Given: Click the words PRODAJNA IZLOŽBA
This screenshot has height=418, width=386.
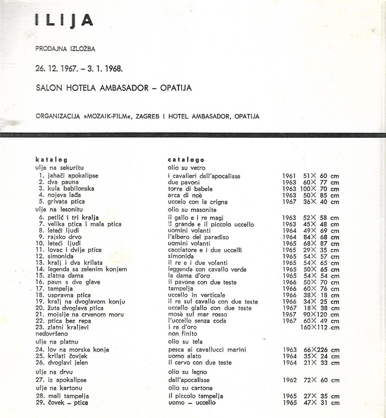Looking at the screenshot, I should (x=65, y=49).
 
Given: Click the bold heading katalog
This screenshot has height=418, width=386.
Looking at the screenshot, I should (x=51, y=160).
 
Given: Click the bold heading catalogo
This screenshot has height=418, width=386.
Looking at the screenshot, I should (x=186, y=160).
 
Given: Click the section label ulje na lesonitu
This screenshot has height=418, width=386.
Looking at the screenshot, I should (x=60, y=210).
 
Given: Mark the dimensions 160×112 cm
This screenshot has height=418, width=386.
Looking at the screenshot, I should (x=319, y=327).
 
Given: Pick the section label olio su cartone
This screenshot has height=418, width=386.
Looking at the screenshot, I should (x=190, y=388).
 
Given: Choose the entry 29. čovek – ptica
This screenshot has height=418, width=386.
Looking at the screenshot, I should (x=62, y=403).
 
